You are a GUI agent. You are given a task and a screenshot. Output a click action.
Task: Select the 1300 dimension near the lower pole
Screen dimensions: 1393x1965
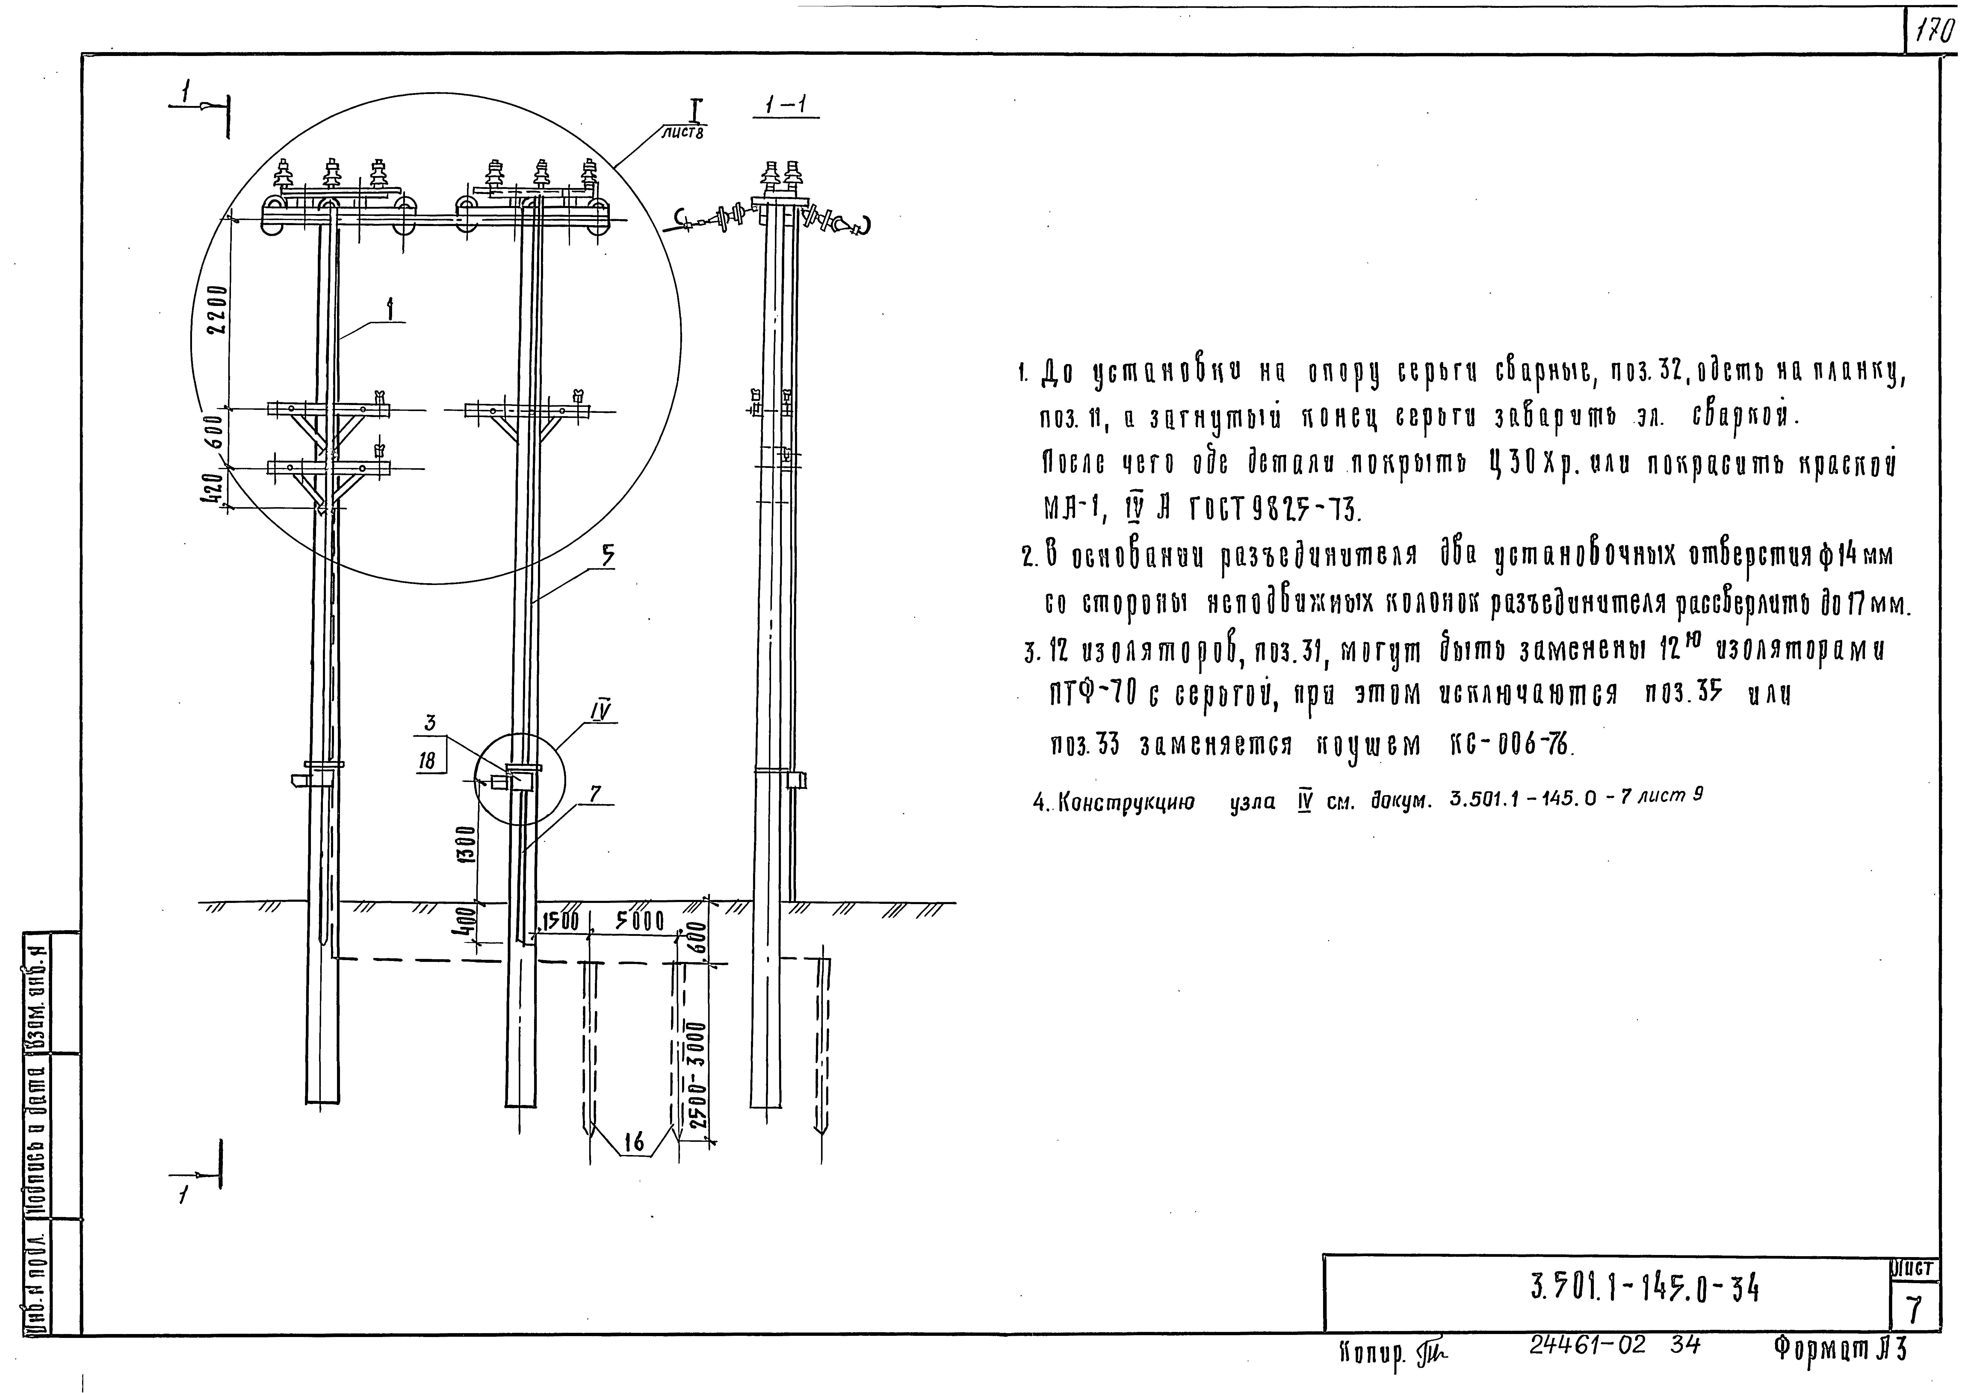pos(464,845)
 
